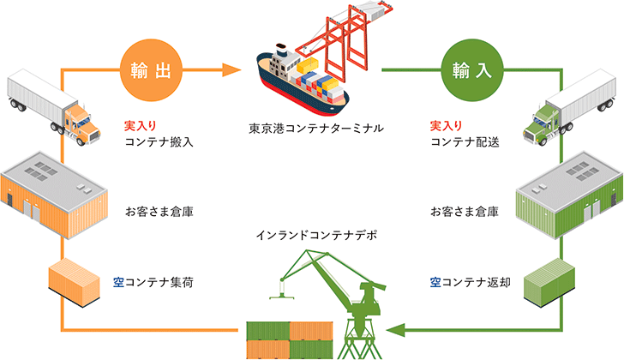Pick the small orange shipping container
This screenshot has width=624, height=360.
tap(75, 282)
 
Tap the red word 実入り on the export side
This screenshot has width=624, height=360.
tap(140, 125)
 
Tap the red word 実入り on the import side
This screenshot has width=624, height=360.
tap(446, 125)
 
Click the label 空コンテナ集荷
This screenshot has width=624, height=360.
tap(156, 280)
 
